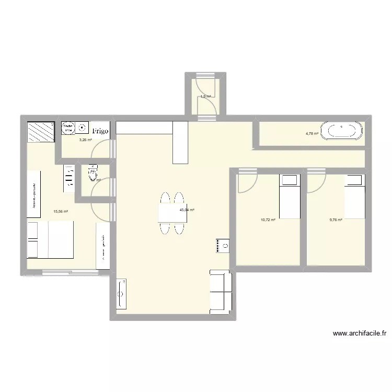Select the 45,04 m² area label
tap(187, 210)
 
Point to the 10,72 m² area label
tap(268, 220)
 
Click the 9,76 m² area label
tap(336, 220)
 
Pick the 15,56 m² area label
tap(61, 212)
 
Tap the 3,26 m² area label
tap(85, 140)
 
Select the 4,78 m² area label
tap(312, 134)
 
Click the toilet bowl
tap(93, 171)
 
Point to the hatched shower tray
tap(41, 132)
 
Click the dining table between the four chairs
tap(172, 213)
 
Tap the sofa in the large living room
tap(221, 292)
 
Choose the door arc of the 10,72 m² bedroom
tap(247, 182)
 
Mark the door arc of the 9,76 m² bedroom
tap(317, 182)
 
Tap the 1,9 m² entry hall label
tap(205, 97)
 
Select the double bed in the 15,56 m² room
tap(51, 239)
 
